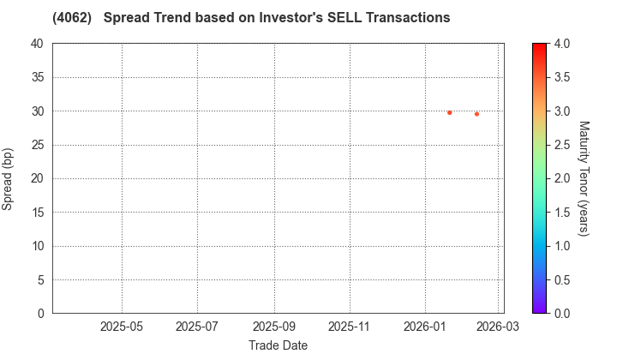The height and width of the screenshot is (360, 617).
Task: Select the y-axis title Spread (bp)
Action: pyautogui.click(x=8, y=178)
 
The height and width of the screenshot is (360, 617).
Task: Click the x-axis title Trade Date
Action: pyautogui.click(x=278, y=345)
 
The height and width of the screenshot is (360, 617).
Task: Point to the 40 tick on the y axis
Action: pyautogui.click(x=37, y=44)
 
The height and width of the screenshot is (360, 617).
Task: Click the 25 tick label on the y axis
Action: pyautogui.click(x=37, y=145)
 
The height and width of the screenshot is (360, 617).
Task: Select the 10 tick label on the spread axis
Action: pyautogui.click(x=37, y=246)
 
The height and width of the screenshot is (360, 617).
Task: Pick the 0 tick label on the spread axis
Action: pyautogui.click(x=40, y=314)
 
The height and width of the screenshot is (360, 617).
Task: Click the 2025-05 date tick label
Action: pyautogui.click(x=122, y=327)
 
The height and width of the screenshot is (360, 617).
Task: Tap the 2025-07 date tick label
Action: pyautogui.click(x=197, y=327)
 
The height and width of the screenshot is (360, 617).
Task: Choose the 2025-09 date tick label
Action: pyautogui.click(x=274, y=327)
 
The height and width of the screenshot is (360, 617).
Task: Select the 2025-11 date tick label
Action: pyautogui.click(x=350, y=327)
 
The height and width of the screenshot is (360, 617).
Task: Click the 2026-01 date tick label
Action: pyautogui.click(x=425, y=327)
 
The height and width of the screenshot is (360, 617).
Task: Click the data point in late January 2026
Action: pyautogui.click(x=449, y=112)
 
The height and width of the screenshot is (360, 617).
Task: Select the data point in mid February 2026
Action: pyautogui.click(x=476, y=114)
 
